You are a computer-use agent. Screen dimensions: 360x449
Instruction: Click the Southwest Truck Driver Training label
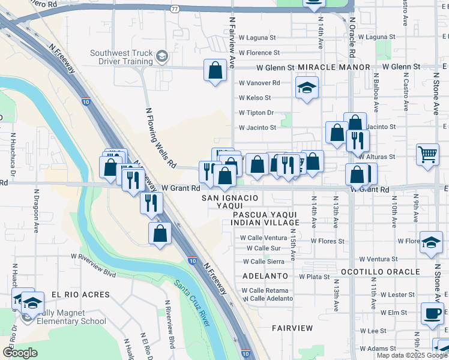tap(122, 57)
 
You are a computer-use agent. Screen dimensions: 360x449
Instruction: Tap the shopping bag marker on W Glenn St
tap(215, 71)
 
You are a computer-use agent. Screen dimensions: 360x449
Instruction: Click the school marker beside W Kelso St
tap(306, 89)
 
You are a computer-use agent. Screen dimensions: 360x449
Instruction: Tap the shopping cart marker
tap(427, 154)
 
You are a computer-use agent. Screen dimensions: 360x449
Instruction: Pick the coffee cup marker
tap(432, 313)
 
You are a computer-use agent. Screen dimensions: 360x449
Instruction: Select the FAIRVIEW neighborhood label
tap(292, 328)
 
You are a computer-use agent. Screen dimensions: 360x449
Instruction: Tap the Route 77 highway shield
tap(175, 10)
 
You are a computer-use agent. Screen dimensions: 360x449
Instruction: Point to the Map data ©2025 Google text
tap(412, 355)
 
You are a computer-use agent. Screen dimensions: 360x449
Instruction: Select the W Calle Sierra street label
tap(264, 262)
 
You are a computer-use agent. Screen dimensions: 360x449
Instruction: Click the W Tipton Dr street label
tap(256, 113)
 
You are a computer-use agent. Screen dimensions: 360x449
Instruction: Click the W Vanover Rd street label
tap(259, 83)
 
